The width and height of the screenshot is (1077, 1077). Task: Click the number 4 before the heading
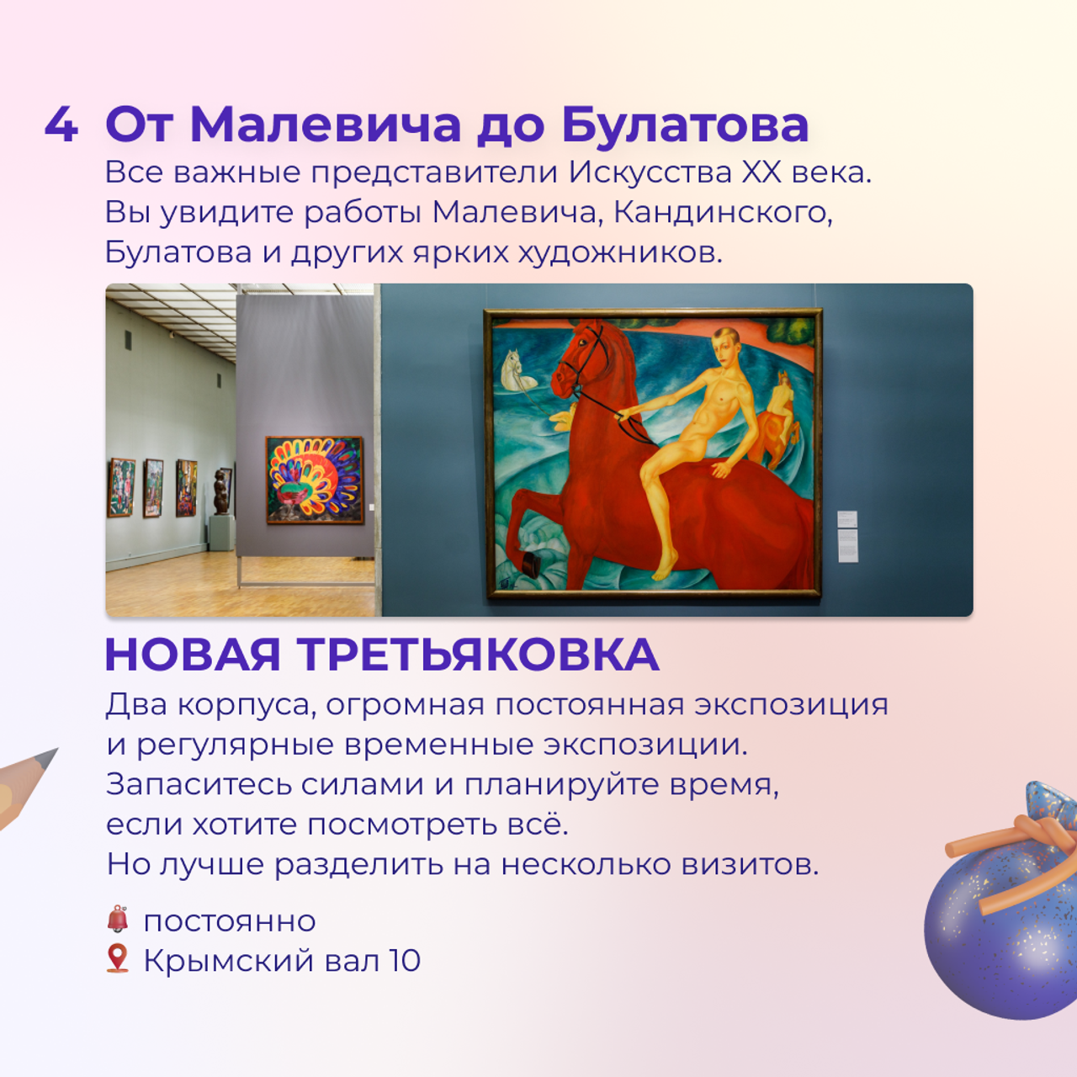click(61, 125)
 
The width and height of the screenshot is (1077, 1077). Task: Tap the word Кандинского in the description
click(723, 212)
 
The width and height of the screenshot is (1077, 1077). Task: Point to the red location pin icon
click(118, 958)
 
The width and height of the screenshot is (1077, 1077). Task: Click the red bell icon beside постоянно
click(118, 919)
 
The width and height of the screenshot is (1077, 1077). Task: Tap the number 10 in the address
click(404, 960)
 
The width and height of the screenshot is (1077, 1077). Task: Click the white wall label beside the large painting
click(847, 535)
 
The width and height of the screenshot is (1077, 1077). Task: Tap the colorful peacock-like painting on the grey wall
click(315, 480)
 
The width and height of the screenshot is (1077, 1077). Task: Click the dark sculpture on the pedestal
click(222, 491)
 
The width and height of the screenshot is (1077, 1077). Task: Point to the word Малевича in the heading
click(326, 125)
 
